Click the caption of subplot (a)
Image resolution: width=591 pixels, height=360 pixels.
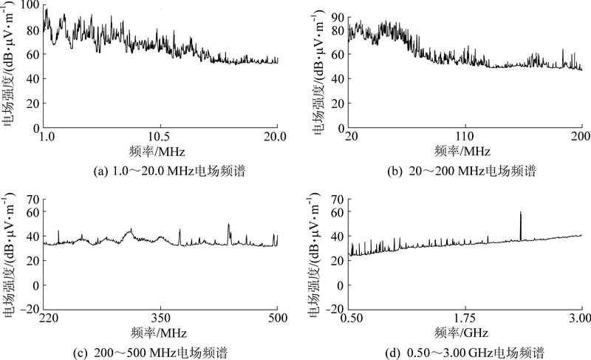coord(160,171)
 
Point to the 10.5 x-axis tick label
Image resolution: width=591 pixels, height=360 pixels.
coord(160,137)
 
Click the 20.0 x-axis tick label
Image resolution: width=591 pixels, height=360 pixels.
coord(276,137)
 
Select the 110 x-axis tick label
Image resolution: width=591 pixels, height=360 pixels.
coord(465,137)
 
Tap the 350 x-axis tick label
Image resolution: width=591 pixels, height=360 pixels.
coord(160,318)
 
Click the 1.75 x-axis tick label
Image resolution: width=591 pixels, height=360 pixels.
coord(465,318)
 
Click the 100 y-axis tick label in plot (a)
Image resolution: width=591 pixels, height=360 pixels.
coord(30,6)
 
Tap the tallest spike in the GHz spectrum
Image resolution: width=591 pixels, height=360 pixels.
coord(521,214)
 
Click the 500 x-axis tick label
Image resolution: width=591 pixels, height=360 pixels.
coord(277,318)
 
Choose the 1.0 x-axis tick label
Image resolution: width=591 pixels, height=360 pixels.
coord(47,137)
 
